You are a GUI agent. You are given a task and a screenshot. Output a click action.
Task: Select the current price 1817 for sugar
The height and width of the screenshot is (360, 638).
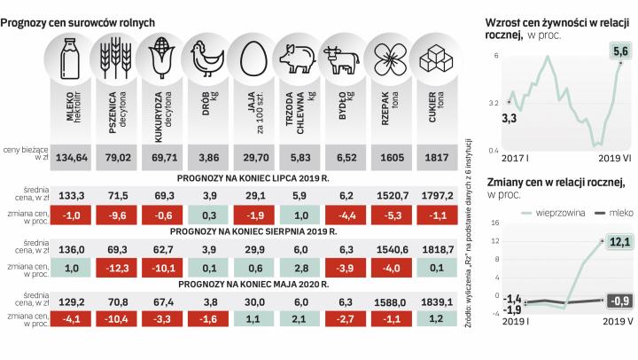coord(436,157)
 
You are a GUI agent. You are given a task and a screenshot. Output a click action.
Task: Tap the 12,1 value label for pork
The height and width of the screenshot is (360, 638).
coord(618,242)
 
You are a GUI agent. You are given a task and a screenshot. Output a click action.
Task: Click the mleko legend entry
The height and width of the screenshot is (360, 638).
coord(603,213)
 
